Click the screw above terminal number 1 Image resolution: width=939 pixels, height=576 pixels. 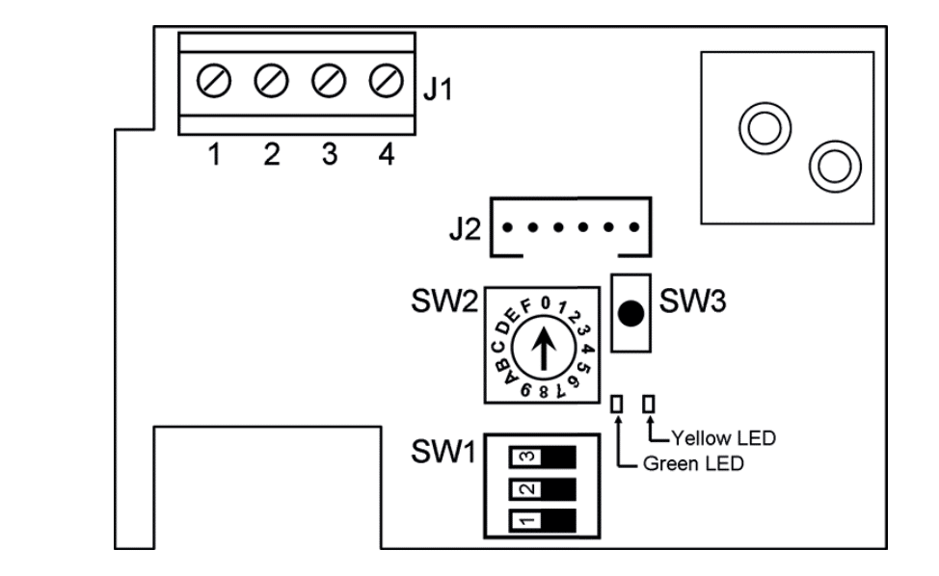pyautogui.click(x=214, y=81)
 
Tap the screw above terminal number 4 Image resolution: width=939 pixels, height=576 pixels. pyautogui.click(x=387, y=81)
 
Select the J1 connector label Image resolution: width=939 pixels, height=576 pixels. pyautogui.click(x=438, y=90)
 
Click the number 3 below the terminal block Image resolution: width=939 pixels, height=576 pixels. pyautogui.click(x=330, y=154)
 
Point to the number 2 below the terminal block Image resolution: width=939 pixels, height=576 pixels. pyautogui.click(x=272, y=154)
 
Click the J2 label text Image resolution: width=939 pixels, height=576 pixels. pyautogui.click(x=465, y=229)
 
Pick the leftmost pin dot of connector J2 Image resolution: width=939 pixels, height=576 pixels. pyautogui.click(x=507, y=227)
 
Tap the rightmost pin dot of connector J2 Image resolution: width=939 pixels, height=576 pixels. pyautogui.click(x=634, y=227)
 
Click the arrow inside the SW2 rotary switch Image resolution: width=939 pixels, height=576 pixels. pyautogui.click(x=544, y=349)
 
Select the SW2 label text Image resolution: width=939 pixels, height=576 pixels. pyautogui.click(x=444, y=301)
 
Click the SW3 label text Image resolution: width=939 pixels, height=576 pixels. pyautogui.click(x=693, y=301)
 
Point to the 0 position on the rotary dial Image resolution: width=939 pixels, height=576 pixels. pyautogui.click(x=545, y=303)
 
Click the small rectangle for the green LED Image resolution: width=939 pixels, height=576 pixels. pyautogui.click(x=617, y=405)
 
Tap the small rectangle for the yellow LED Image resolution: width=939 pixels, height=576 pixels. pyautogui.click(x=649, y=405)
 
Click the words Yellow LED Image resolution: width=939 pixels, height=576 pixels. pyautogui.click(x=723, y=438)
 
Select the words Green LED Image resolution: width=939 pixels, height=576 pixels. pyautogui.click(x=693, y=463)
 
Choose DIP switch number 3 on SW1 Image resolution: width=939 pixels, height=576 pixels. pyautogui.click(x=543, y=457)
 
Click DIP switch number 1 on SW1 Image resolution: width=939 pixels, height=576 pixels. pyautogui.click(x=543, y=520)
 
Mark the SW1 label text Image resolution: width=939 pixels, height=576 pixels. pyautogui.click(x=443, y=452)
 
